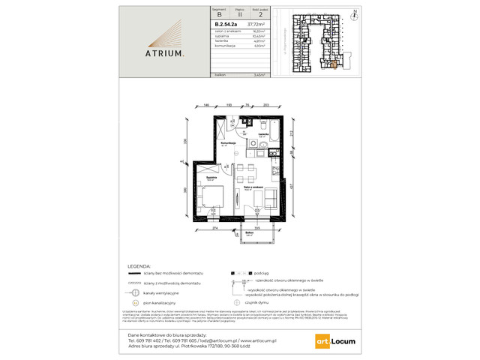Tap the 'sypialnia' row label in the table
(202, 34)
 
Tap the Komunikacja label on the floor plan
(229, 143)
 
